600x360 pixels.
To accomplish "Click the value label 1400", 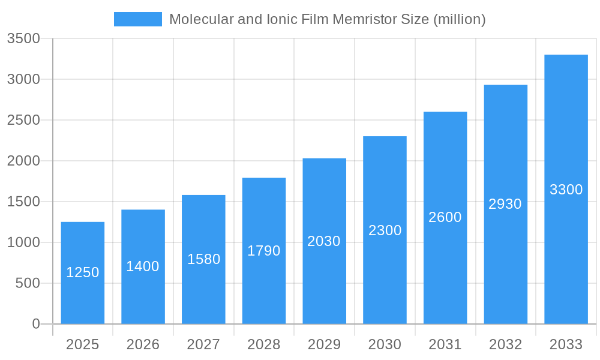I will (x=143, y=266).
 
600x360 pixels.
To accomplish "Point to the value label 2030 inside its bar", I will (x=324, y=241).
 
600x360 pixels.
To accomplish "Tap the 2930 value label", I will (x=505, y=204).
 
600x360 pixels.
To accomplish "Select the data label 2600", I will (x=445, y=217).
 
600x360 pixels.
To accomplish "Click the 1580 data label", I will (x=204, y=259).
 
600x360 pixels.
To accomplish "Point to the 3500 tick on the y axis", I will (x=23, y=39).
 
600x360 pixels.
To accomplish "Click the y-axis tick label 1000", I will (x=23, y=242).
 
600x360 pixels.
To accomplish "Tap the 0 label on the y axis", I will (x=36, y=324).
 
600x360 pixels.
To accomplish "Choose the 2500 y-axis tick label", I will (x=23, y=120).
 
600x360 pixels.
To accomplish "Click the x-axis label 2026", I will (x=143, y=344).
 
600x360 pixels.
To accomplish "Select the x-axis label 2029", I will (x=324, y=344).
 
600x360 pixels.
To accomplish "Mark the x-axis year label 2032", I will (x=505, y=344).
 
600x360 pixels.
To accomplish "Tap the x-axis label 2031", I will (x=445, y=344).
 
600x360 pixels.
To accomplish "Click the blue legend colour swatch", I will (x=138, y=19).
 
